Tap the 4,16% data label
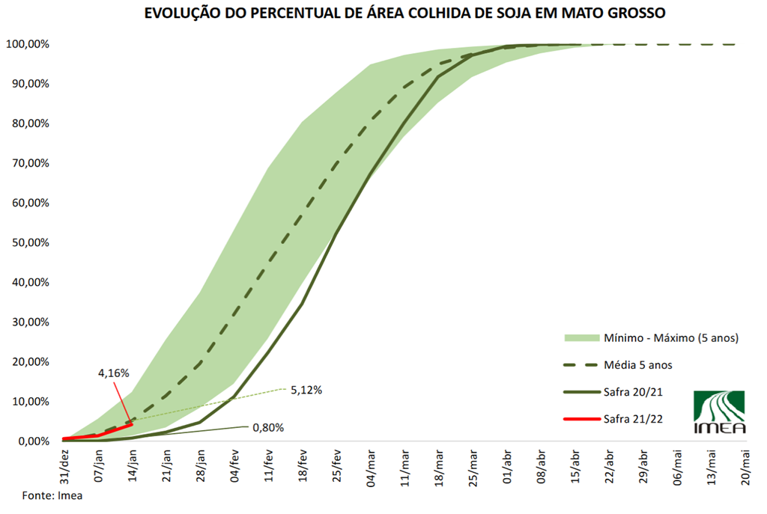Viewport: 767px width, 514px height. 114,372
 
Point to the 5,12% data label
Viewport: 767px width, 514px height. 306,390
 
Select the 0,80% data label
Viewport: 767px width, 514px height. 268,428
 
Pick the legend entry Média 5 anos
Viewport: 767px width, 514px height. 634,365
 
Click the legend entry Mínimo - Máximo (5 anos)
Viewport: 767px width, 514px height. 671,338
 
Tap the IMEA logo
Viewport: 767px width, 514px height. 719,411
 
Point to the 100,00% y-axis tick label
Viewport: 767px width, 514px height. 28,44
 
